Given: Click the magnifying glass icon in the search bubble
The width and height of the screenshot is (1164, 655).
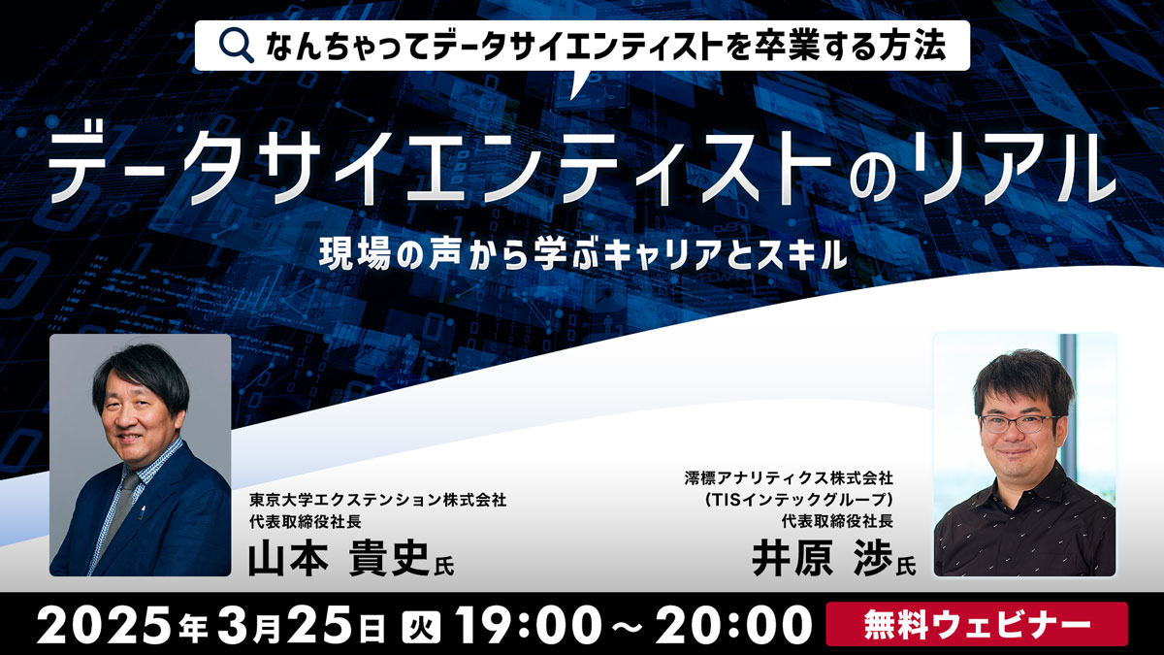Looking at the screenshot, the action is pyautogui.click(x=236, y=46).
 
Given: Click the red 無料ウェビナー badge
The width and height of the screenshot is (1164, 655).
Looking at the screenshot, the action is pyautogui.click(x=977, y=624).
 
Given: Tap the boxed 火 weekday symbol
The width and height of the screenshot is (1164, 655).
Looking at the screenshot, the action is pyautogui.click(x=421, y=625).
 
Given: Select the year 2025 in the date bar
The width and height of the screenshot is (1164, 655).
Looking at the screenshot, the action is pyautogui.click(x=107, y=625).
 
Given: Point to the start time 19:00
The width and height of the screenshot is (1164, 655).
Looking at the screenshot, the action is pyautogui.click(x=525, y=625).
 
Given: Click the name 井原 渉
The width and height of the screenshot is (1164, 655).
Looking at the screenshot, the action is pyautogui.click(x=823, y=558).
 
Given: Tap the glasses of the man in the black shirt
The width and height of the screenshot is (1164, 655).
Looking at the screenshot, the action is pyautogui.click(x=1018, y=424).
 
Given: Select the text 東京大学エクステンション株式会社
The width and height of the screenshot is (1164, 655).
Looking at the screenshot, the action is pyautogui.click(x=377, y=500).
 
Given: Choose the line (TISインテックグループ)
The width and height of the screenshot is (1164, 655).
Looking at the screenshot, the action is pyautogui.click(x=798, y=500).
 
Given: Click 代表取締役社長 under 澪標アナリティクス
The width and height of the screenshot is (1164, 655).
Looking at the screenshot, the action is pyautogui.click(x=837, y=521).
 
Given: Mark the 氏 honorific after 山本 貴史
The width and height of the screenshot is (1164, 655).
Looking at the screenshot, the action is pyautogui.click(x=444, y=566).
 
